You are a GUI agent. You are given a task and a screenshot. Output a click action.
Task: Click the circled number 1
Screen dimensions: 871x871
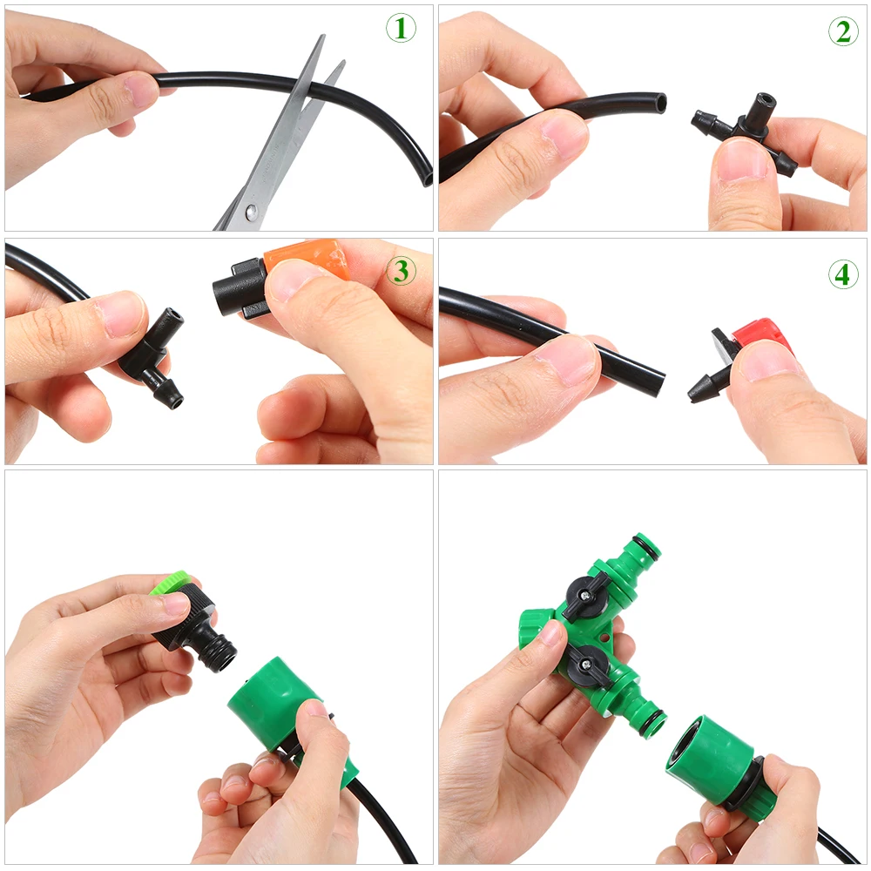coord(401,29)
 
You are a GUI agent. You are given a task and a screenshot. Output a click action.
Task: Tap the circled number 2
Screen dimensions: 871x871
coord(842,31)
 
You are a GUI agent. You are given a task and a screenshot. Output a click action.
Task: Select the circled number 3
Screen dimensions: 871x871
coord(401,271)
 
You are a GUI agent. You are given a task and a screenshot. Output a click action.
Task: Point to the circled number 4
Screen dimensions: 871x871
coord(842,274)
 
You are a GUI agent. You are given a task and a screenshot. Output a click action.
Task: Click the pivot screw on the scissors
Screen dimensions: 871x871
coord(251,211)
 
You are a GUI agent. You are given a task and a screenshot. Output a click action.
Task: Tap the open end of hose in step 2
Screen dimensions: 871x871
coord(660,104)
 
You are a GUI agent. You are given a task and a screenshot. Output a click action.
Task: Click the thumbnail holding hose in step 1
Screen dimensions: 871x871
coord(139,87)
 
